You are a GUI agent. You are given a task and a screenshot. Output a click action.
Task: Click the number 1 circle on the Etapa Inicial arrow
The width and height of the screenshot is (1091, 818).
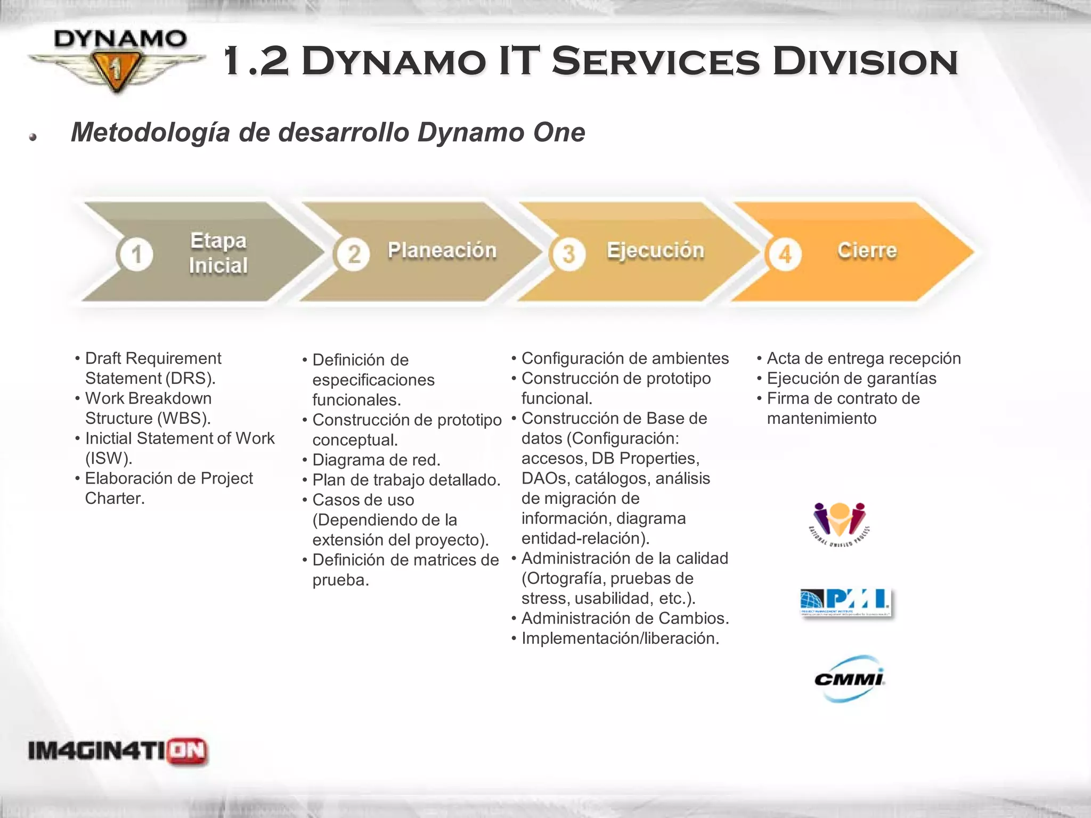point(136,254)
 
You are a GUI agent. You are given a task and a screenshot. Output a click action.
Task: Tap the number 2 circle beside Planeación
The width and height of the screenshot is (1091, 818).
point(353,254)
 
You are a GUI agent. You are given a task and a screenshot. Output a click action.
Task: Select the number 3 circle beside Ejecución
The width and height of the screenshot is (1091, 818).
point(568,254)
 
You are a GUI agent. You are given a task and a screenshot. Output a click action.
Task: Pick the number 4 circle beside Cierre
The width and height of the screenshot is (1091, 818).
point(785,255)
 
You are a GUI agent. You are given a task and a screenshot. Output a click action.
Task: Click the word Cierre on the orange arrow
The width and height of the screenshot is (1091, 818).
point(867,250)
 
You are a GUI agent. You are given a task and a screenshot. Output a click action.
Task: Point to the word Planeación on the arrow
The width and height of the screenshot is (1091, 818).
point(442,250)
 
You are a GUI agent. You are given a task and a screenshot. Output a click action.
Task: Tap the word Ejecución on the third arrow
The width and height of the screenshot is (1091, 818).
point(655,250)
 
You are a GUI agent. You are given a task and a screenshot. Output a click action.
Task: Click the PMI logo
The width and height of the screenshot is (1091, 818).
point(845,602)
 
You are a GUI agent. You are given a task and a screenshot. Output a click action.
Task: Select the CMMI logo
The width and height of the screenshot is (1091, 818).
point(849,679)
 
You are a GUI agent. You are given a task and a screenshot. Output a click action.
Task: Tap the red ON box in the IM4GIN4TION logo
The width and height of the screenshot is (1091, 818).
point(187,751)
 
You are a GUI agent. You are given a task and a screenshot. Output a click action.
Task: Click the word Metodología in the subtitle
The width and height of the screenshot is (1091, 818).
point(150,132)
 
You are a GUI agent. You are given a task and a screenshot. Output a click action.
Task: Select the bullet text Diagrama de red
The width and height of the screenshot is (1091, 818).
point(376,460)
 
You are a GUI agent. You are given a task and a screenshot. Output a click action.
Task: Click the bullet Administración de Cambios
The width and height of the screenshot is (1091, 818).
point(625,618)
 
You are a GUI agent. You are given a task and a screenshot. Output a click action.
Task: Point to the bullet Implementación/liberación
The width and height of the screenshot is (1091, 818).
point(620,638)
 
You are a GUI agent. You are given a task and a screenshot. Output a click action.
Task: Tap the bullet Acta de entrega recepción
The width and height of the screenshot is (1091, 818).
point(864,358)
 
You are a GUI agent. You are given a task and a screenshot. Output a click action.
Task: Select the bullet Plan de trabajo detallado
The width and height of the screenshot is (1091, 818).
point(406,480)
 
